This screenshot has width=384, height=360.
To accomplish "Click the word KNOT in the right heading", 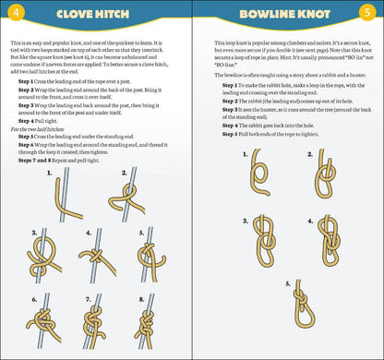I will point(325,16).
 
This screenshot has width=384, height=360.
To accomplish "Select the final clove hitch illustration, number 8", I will point(148,318).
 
